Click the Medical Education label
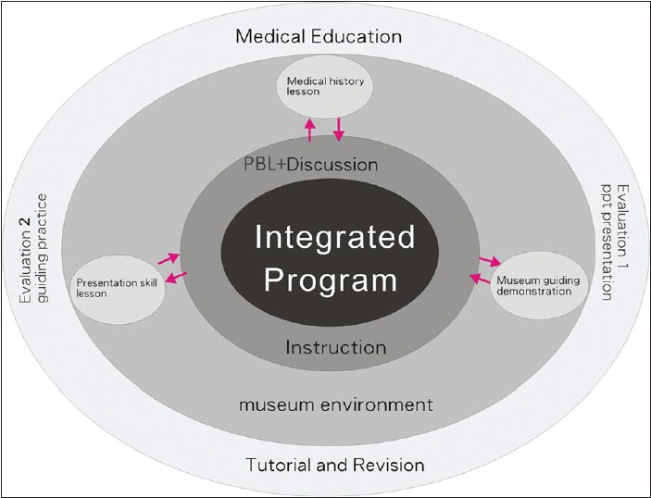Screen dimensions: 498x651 coord(318,37)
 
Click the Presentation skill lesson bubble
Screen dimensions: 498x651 coord(119,282)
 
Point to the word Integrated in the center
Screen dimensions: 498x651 coord(334,238)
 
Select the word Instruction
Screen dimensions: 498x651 coord(335,348)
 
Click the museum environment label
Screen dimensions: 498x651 coord(335,405)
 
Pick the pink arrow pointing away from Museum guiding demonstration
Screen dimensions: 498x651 coord(480,279)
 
